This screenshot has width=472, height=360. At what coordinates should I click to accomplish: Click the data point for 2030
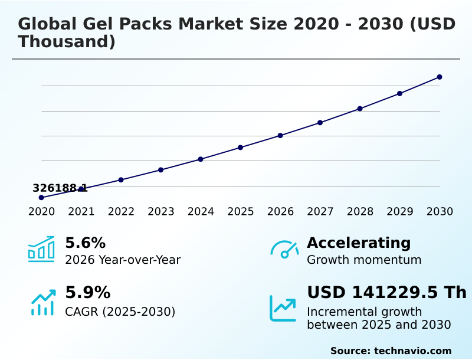(440, 77)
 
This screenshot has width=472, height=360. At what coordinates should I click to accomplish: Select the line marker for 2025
(241, 148)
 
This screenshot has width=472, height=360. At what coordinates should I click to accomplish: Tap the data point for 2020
(41, 198)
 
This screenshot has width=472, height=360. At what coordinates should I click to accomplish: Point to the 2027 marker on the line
(320, 123)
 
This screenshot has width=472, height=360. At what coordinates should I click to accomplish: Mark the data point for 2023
(161, 170)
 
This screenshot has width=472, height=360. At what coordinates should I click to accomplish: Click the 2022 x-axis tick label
(121, 212)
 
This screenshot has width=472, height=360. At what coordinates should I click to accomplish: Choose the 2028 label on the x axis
(360, 212)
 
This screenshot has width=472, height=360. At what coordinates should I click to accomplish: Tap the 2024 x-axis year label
(201, 212)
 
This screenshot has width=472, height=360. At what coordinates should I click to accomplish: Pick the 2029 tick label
(399, 212)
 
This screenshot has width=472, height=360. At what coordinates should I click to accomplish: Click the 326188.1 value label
(60, 188)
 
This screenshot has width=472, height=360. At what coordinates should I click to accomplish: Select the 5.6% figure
(85, 243)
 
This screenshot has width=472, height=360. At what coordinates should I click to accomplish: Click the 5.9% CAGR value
(87, 293)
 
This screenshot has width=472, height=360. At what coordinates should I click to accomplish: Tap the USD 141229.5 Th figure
(386, 293)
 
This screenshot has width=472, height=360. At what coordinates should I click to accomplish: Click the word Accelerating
(359, 243)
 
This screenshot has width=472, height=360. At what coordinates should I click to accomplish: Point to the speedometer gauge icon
(284, 250)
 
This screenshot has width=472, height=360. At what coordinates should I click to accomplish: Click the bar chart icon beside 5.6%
(41, 249)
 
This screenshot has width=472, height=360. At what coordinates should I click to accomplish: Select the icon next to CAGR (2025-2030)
(42, 302)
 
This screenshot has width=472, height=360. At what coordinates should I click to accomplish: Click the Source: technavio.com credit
(391, 351)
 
